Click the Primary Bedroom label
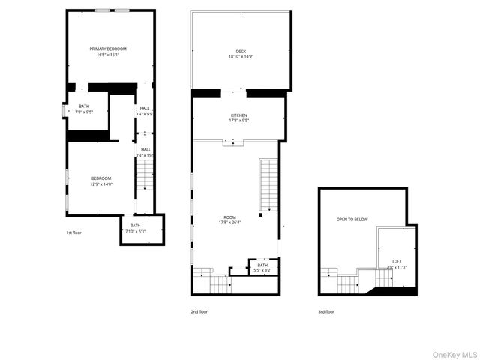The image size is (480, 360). pyautogui.click(x=108, y=49)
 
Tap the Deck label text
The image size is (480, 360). pyautogui.click(x=241, y=52)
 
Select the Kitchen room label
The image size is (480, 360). pyautogui.click(x=238, y=115)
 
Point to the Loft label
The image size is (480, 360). pyautogui.click(x=396, y=262)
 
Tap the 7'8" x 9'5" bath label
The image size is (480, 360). pyautogui.click(x=84, y=112)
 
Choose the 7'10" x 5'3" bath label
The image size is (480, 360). pyautogui.click(x=135, y=231)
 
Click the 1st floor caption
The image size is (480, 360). pyautogui.click(x=73, y=233)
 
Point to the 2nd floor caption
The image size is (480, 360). pyautogui.click(x=199, y=310)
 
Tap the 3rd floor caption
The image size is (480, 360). pyautogui.click(x=326, y=310)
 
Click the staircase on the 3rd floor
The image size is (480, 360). pyautogui.click(x=348, y=283)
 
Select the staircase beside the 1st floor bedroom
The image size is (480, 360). pyautogui.click(x=144, y=182)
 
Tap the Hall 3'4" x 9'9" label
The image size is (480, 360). pyautogui.click(x=145, y=111)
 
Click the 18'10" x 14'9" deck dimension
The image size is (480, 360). pyautogui.click(x=241, y=57)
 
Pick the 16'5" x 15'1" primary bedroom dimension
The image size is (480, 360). pyautogui.click(x=108, y=54)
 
